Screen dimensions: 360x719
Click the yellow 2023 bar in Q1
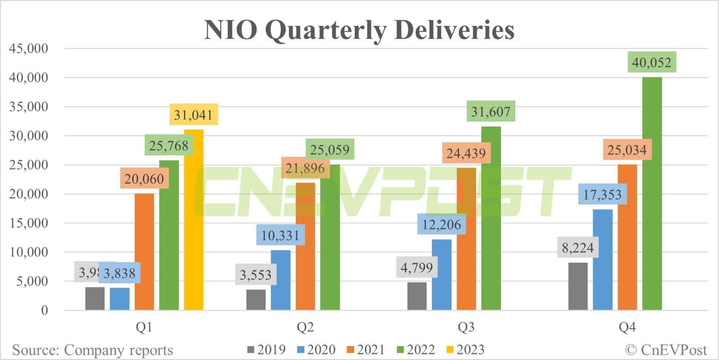click(x=194, y=221)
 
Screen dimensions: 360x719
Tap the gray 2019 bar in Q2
click(x=256, y=300)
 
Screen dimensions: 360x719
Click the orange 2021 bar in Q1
click(x=144, y=252)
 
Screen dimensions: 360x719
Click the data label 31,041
click(x=194, y=116)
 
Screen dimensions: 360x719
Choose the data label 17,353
click(x=602, y=195)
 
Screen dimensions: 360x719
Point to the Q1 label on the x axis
click(x=144, y=328)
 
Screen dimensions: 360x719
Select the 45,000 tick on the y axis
click(x=27, y=48)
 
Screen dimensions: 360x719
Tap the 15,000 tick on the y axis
click(x=27, y=223)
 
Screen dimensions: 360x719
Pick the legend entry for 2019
click(x=266, y=349)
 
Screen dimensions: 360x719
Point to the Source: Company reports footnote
click(x=93, y=350)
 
